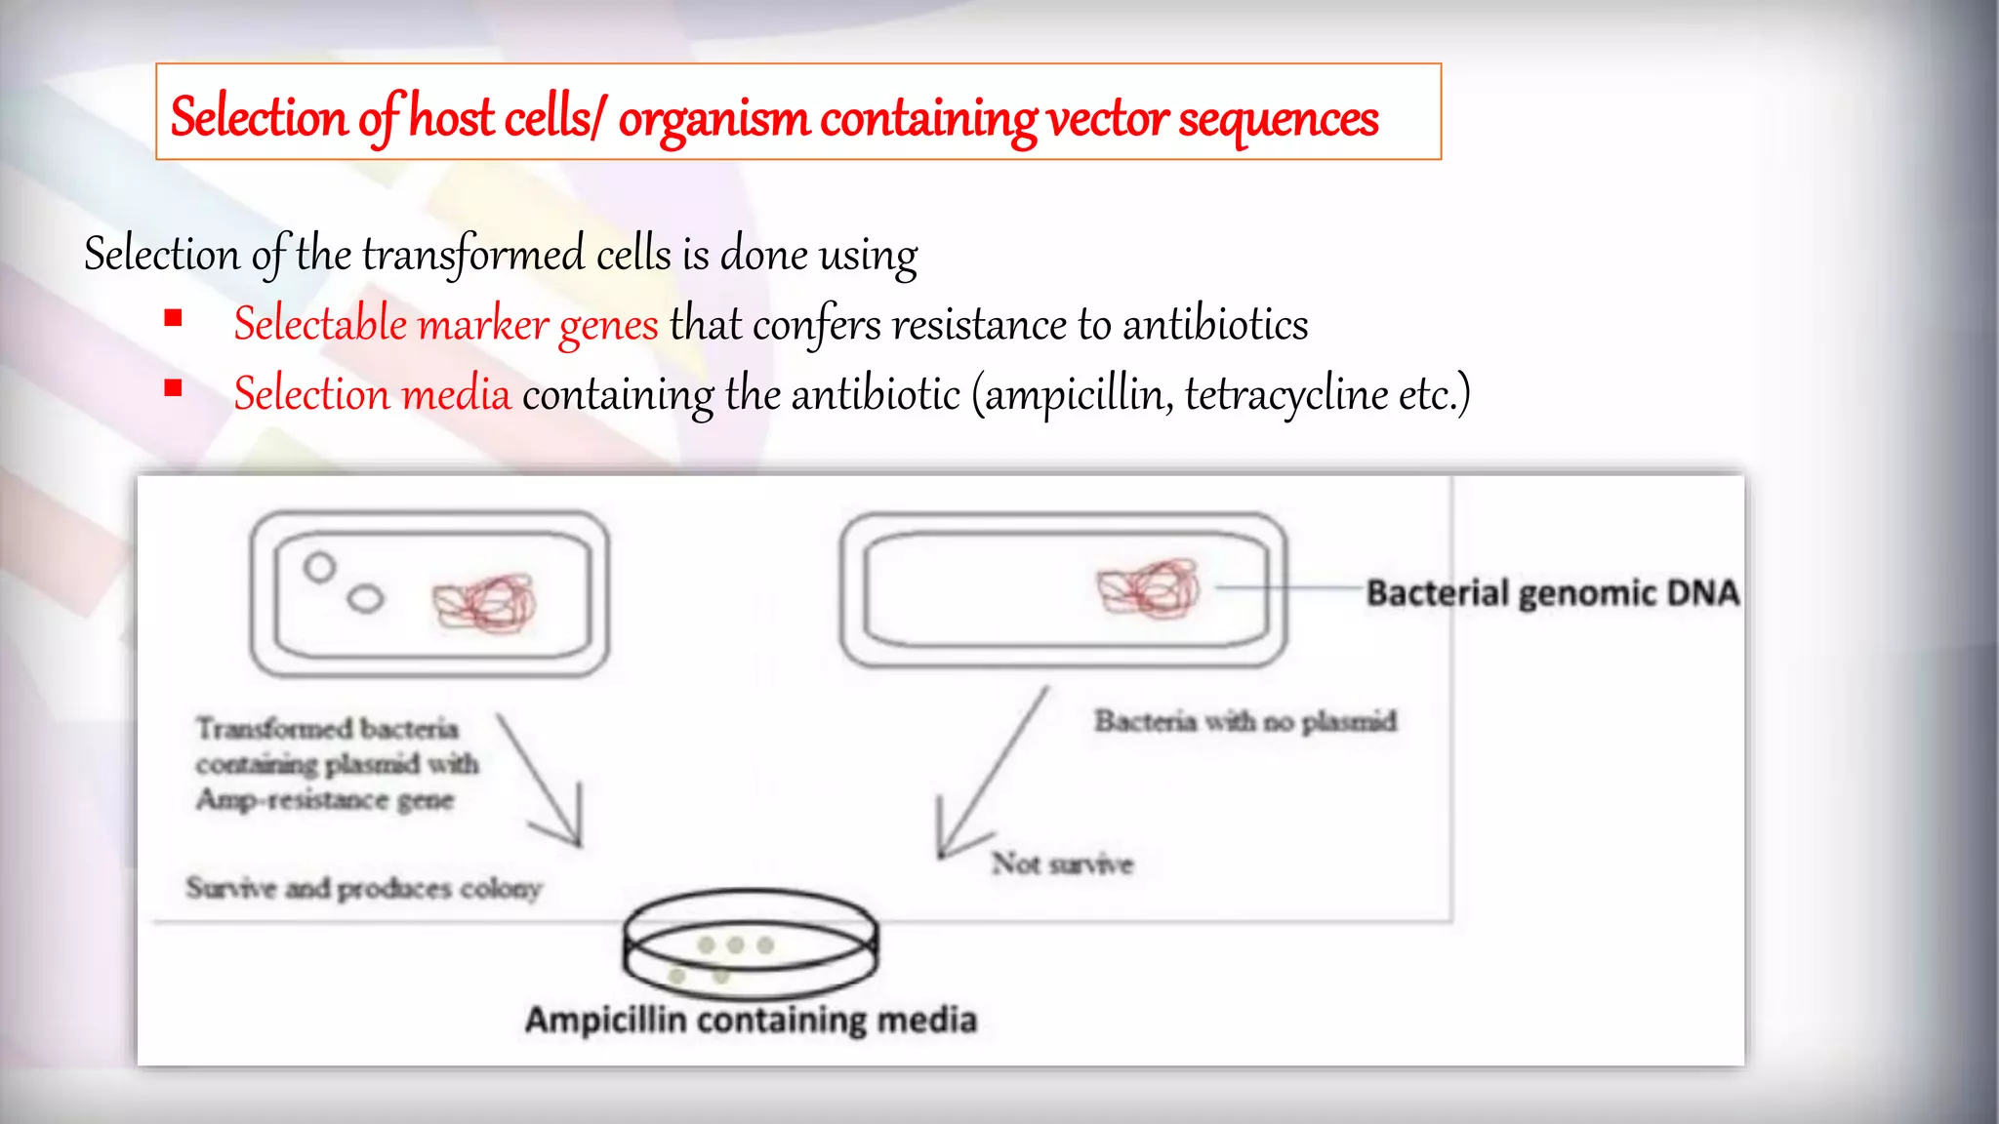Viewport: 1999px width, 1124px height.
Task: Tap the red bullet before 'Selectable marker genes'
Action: pyautogui.click(x=174, y=318)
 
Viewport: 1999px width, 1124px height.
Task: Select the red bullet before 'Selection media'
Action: pyautogui.click(x=174, y=388)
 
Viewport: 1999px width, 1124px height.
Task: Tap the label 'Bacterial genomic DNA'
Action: pyautogui.click(x=1552, y=593)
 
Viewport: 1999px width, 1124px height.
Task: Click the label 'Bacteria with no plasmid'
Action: pyautogui.click(x=1245, y=722)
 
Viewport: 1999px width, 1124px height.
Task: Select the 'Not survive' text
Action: pyautogui.click(x=1062, y=863)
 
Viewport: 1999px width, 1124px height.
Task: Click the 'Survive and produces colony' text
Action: pyautogui.click(x=363, y=888)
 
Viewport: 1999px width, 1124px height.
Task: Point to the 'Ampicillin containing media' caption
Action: pyautogui.click(x=751, y=1020)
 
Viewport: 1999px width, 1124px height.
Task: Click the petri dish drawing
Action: pyautogui.click(x=750, y=943)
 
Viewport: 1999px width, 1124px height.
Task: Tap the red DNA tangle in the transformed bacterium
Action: pyautogui.click(x=485, y=602)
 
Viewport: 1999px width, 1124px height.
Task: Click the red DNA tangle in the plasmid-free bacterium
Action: pyautogui.click(x=1149, y=587)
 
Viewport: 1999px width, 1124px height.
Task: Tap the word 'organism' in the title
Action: pyautogui.click(x=714, y=119)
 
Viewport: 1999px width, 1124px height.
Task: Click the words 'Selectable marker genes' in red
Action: pyautogui.click(x=446, y=325)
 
